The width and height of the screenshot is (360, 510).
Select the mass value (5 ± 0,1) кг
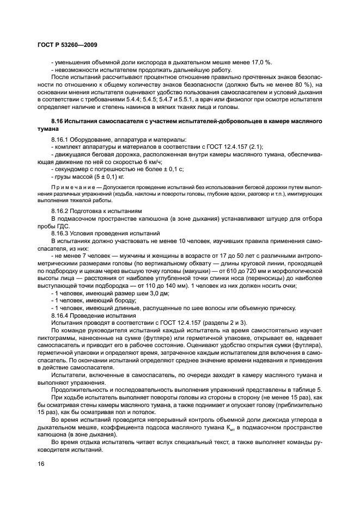(103, 178)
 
